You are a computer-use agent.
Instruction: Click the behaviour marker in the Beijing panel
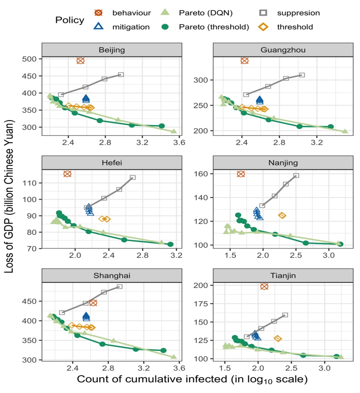81,61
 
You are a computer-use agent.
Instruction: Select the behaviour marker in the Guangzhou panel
245,61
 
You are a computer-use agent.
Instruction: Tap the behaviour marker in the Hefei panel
67,173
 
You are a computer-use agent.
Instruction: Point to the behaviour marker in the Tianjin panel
264,286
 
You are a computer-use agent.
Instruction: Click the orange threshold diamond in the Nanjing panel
282,216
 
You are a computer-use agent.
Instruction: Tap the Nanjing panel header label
283,163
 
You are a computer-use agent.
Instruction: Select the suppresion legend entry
298,13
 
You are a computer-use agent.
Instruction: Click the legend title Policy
71,20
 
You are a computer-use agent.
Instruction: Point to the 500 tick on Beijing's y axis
30,59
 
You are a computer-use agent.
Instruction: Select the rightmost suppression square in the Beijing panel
121,75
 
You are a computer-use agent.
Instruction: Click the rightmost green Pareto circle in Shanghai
164,351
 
